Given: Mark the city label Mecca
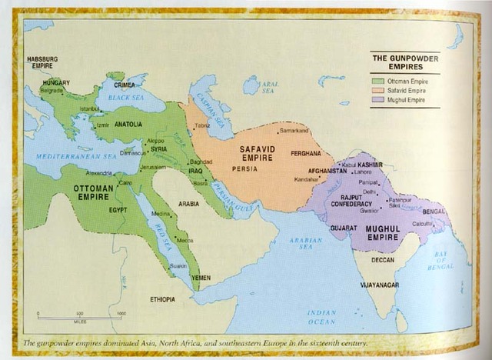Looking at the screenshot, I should click(x=185, y=240).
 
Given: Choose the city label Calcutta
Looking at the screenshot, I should click(x=422, y=223).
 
